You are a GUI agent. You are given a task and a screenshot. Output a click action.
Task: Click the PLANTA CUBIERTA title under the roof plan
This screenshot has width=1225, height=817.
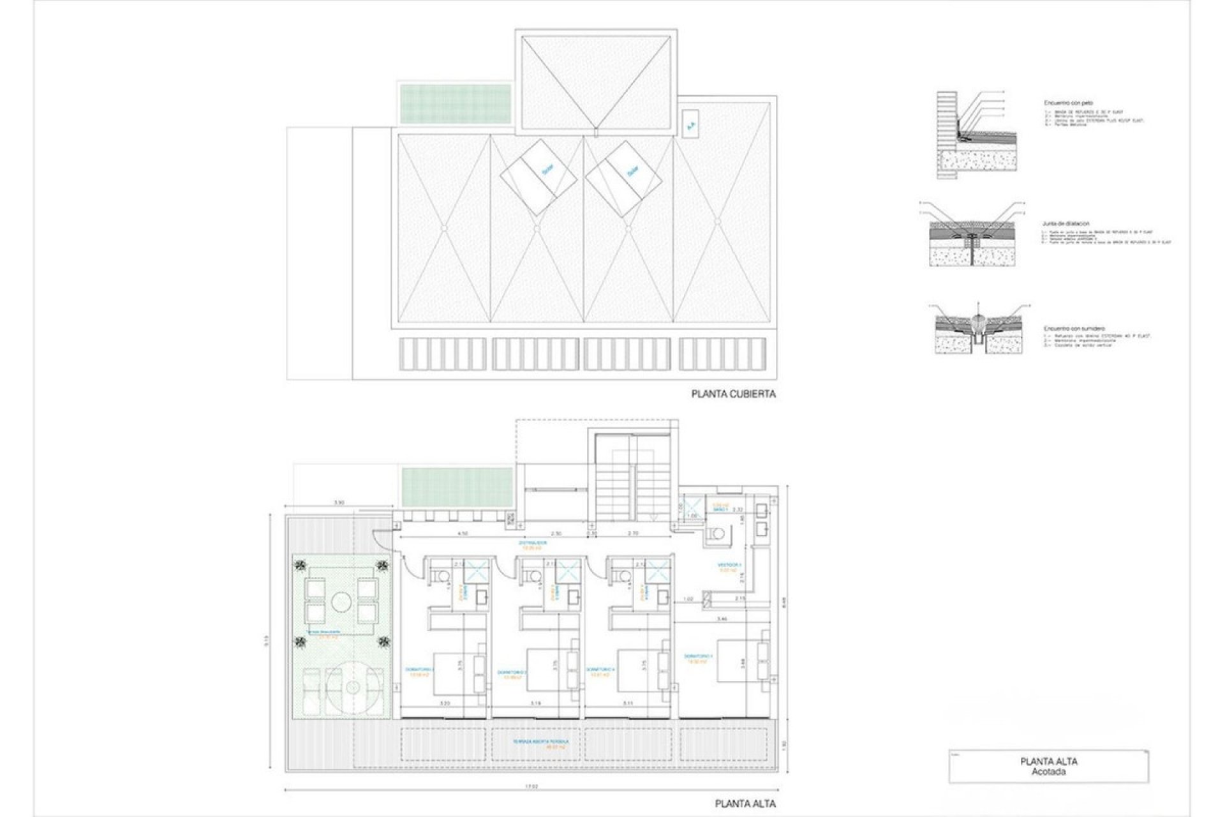(x=733, y=394)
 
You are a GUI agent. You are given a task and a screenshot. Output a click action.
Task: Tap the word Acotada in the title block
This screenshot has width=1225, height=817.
(x=1049, y=772)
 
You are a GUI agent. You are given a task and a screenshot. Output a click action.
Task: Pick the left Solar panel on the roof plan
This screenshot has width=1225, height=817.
(x=537, y=176)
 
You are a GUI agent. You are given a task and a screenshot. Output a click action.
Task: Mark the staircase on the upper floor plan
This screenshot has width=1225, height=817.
(x=632, y=491)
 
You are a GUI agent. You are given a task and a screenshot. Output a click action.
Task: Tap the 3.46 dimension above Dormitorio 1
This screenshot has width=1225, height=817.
(x=722, y=619)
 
